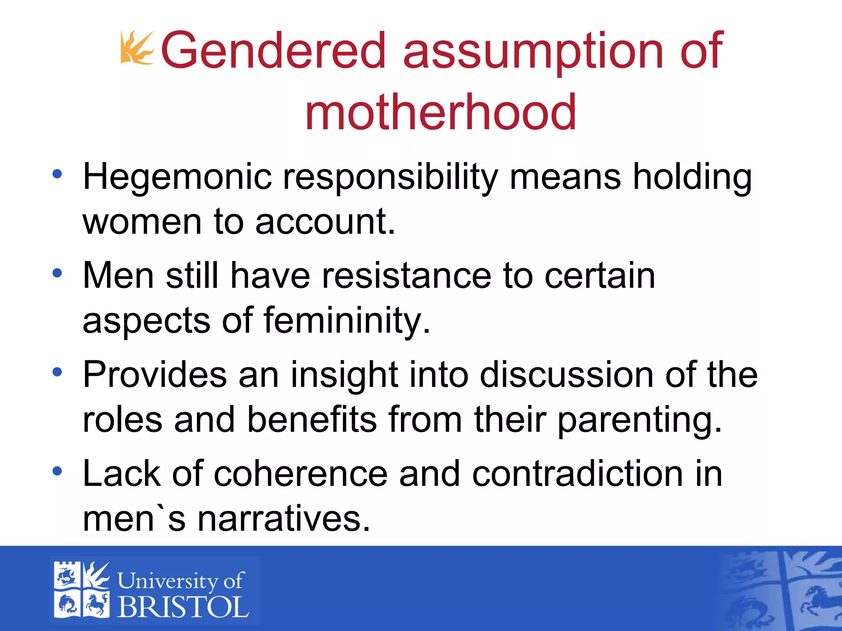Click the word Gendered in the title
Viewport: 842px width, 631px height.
click(x=273, y=51)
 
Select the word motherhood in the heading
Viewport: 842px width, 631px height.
click(x=440, y=112)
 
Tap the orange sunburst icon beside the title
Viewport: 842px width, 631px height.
click(x=136, y=48)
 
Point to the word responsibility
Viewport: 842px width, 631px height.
click(x=390, y=177)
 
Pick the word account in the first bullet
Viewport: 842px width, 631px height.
click(x=325, y=222)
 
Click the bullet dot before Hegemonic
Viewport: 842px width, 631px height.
click(x=57, y=174)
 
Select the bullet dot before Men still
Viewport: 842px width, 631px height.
click(x=57, y=273)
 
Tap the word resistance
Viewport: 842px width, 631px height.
click(x=406, y=276)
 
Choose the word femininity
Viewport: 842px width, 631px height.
click(x=347, y=320)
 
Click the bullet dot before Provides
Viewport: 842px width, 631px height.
click(x=57, y=372)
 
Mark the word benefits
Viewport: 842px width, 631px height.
click(x=312, y=419)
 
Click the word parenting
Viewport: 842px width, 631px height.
click(x=639, y=419)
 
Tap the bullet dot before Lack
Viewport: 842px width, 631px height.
click(x=57, y=471)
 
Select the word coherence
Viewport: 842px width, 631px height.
click(x=301, y=474)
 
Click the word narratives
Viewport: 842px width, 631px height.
click(x=284, y=519)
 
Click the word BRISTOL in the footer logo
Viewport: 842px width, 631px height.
click(x=183, y=607)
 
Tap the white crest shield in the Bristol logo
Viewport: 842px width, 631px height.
click(x=82, y=590)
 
